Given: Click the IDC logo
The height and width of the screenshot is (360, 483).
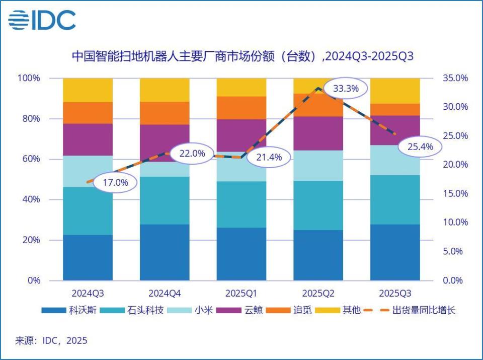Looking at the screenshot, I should click(42, 20).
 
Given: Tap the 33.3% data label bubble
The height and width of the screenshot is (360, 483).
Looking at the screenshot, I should click(346, 89).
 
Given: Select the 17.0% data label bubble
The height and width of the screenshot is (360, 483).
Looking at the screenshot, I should click(115, 182).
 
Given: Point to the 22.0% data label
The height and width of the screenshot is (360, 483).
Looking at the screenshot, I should click(192, 154).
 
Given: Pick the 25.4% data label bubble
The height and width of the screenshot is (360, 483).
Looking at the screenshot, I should click(419, 147).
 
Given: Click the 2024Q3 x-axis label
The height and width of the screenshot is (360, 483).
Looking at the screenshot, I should click(88, 293).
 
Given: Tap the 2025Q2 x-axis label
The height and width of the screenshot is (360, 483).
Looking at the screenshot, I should click(318, 293).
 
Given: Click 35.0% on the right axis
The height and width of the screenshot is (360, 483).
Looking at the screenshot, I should click(455, 78).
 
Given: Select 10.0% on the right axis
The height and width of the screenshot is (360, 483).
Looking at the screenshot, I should click(455, 223).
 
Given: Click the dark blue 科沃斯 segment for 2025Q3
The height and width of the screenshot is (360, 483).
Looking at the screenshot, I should click(395, 252).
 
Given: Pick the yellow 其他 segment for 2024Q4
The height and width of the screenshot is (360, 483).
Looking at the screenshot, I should click(165, 90).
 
